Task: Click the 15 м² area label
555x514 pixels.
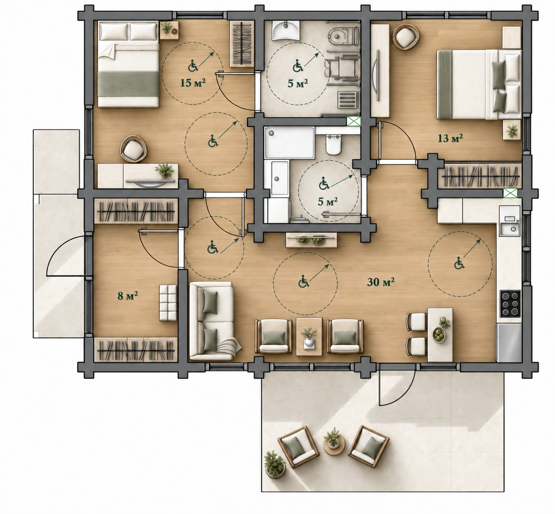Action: (x=193, y=83)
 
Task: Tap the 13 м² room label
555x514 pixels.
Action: (x=450, y=138)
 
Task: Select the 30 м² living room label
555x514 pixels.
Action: (x=381, y=282)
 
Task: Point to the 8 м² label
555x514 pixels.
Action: (x=128, y=296)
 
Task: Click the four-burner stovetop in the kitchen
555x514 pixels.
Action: (x=510, y=304)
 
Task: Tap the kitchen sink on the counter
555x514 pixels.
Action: (x=510, y=229)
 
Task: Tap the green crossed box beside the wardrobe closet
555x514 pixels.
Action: (x=510, y=193)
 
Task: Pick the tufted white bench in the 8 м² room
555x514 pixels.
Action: (x=168, y=303)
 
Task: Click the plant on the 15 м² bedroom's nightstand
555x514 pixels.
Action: (x=167, y=27)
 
